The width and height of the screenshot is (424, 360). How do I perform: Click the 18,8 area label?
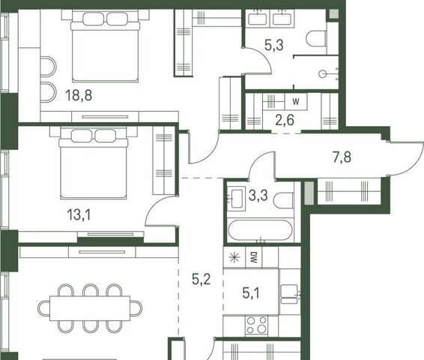point(79,95)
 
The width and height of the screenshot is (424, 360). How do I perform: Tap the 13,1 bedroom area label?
point(79,215)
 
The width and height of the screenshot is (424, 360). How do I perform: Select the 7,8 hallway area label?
point(342,157)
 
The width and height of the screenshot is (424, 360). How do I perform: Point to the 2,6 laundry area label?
point(285,120)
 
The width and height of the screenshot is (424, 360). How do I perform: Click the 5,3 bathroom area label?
point(274,45)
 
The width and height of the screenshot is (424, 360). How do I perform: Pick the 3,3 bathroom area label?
point(258,195)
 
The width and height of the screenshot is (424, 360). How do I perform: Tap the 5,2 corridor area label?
point(202,279)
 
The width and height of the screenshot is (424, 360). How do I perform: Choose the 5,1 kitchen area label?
point(251,293)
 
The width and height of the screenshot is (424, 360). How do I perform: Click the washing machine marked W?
point(296,102)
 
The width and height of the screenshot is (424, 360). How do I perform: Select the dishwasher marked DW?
point(254,257)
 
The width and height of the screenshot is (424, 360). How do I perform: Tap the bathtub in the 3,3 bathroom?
point(260,230)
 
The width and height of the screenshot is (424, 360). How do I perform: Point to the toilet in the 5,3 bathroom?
point(316,39)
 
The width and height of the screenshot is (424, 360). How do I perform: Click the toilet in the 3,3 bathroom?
point(283,200)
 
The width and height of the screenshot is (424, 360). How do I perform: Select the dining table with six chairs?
point(90,308)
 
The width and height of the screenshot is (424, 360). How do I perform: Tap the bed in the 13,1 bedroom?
point(94,164)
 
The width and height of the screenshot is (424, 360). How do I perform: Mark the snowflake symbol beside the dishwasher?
point(234,257)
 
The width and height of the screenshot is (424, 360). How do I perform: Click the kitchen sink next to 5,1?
point(289,294)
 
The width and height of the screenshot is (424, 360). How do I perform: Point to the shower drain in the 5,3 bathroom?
point(323,73)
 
